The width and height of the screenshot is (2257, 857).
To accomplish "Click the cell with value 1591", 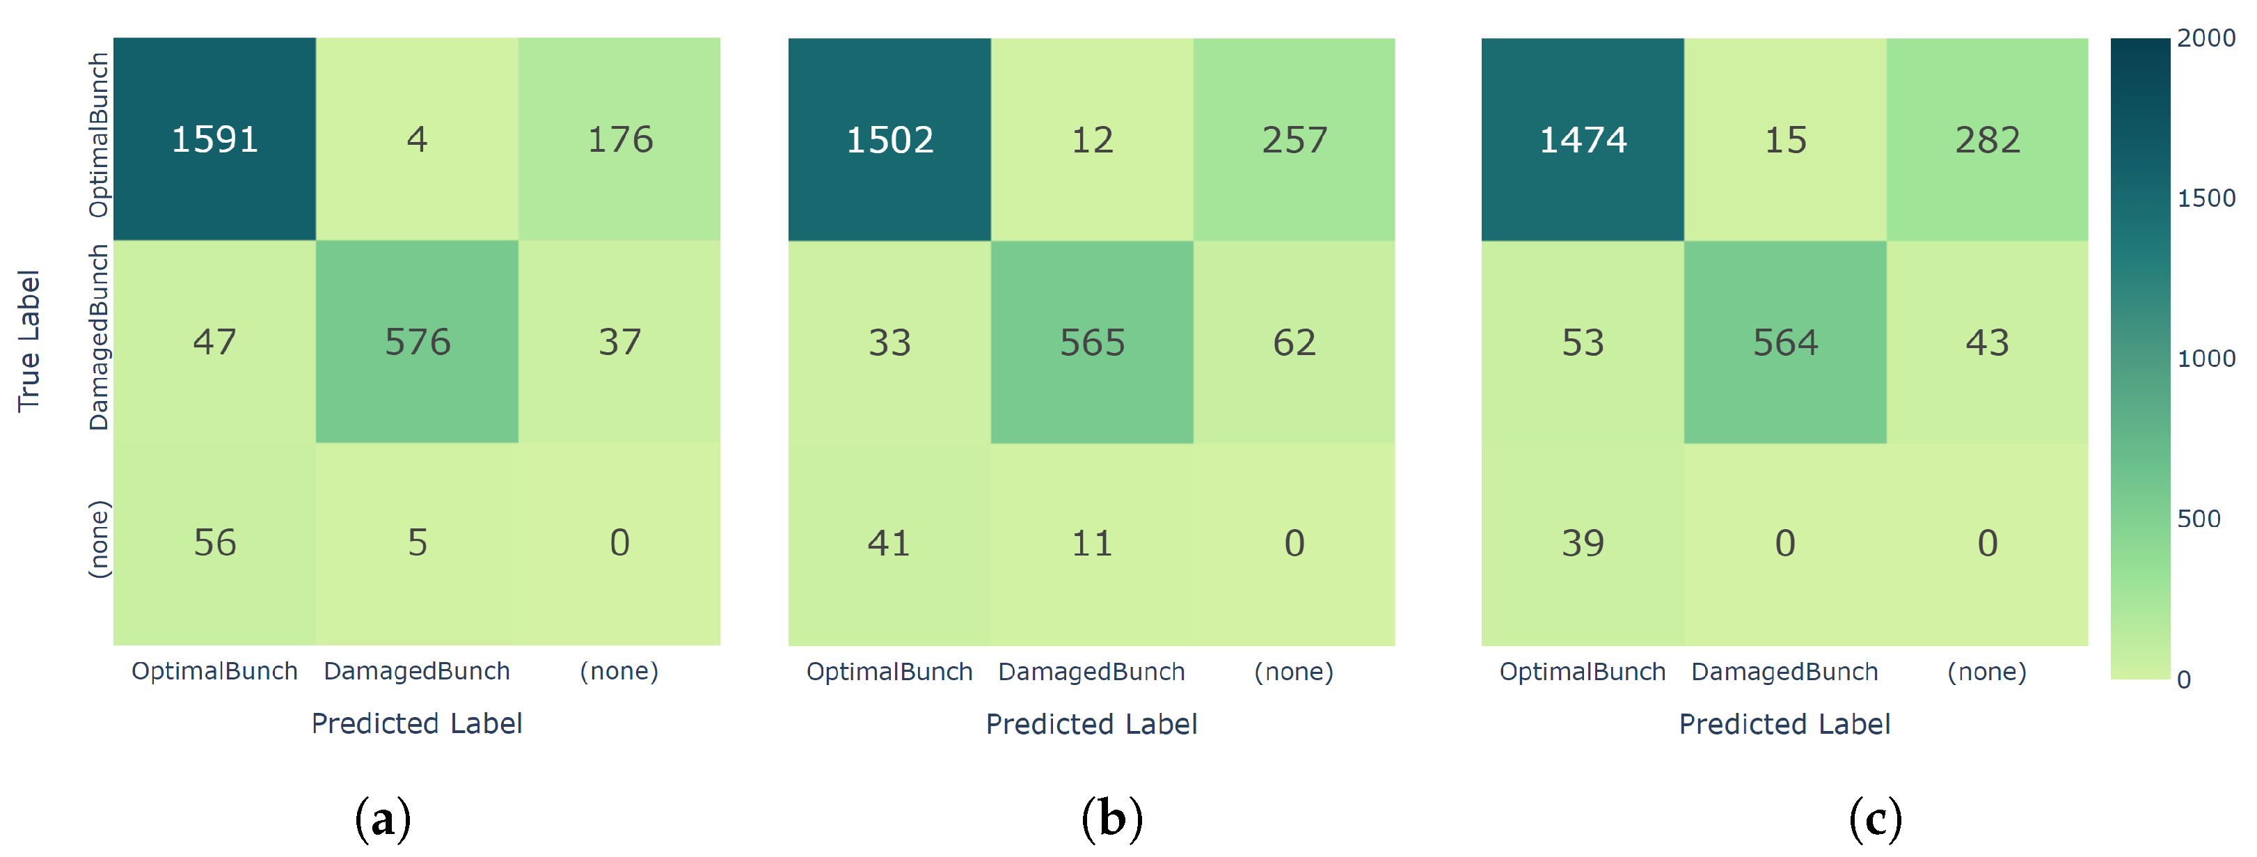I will click(x=214, y=139).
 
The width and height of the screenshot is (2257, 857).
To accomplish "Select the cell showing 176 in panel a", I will click(x=619, y=139).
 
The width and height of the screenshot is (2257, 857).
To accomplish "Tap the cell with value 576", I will click(x=417, y=342).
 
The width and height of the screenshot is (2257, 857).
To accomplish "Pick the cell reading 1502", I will click(x=889, y=140).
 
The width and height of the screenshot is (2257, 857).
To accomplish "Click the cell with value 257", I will click(x=1294, y=140).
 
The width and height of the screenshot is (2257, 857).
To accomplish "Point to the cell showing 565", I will click(x=1092, y=343).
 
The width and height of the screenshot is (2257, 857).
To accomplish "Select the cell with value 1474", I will click(x=1583, y=140).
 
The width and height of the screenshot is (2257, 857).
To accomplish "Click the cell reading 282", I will click(x=1987, y=140).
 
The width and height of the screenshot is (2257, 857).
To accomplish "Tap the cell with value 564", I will click(x=1784, y=343).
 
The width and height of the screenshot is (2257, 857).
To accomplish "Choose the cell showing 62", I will click(x=1294, y=343).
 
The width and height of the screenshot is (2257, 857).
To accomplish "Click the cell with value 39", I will click(x=1583, y=543).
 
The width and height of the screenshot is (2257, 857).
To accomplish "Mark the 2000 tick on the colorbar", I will click(x=2206, y=38).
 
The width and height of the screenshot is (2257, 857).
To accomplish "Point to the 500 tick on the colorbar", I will click(x=2199, y=519).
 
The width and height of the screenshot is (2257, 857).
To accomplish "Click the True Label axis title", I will click(x=29, y=341).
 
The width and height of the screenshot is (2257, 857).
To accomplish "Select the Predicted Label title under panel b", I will click(x=1091, y=724).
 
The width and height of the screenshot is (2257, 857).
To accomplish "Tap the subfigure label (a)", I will click(x=383, y=819).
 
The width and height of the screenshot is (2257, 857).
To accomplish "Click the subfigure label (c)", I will click(x=1875, y=819).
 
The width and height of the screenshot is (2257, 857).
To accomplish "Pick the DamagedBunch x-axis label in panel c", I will click(x=1784, y=672).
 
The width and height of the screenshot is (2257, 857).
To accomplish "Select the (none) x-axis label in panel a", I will click(x=619, y=671).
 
